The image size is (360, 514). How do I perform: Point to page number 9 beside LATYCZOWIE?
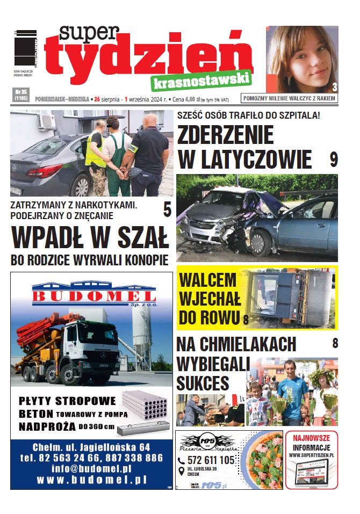coord(333,159)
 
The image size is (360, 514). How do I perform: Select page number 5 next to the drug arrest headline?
coord(167,209)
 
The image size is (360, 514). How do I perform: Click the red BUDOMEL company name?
coord(94,296)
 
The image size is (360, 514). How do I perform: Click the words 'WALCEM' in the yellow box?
coord(207,280)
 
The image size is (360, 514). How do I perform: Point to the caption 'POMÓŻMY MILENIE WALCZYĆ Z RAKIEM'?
coord(290,98)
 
